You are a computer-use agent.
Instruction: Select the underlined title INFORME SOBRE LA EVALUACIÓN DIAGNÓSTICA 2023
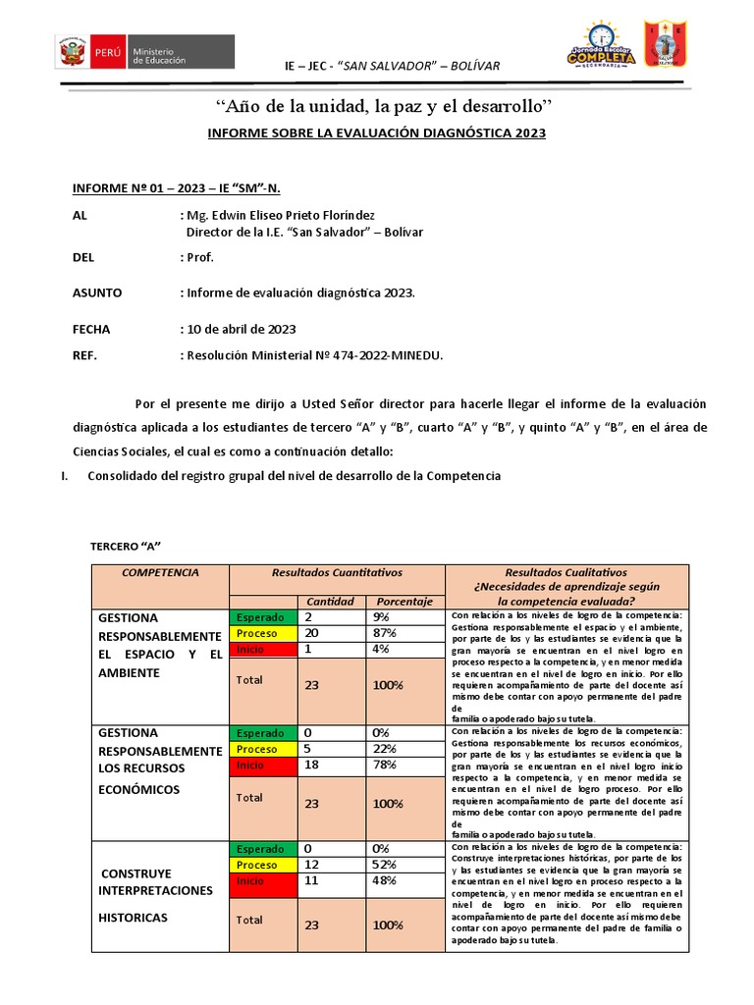[x=376, y=132]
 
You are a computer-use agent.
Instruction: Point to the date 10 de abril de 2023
[x=241, y=329]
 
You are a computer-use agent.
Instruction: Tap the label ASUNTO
[x=97, y=292]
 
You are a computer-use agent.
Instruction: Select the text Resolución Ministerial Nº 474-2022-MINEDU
[x=314, y=355]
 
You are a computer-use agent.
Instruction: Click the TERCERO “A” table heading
[x=125, y=545]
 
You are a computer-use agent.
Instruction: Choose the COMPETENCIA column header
[x=161, y=572]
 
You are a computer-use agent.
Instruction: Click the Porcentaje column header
[x=404, y=602]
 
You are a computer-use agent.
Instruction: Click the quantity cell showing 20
[x=311, y=633]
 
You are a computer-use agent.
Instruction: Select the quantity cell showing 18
[x=311, y=765]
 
